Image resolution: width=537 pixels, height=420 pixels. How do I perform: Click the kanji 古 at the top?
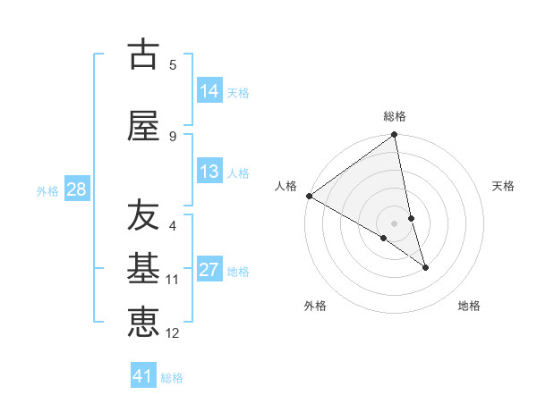point(143,55)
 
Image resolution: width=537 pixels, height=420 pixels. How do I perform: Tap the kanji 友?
point(143,215)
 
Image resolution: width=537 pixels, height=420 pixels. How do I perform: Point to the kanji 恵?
point(143,323)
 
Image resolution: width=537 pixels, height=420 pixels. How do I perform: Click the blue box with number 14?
point(209,91)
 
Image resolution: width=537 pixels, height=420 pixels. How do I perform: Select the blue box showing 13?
point(209,172)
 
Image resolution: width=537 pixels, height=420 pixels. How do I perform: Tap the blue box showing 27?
point(209,270)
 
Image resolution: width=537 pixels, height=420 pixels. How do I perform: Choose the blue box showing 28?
point(76,189)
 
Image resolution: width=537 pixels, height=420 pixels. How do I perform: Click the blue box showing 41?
point(144,376)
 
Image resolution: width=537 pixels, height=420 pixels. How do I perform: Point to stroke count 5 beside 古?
point(173,64)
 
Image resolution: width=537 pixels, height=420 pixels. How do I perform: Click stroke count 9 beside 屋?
point(173,136)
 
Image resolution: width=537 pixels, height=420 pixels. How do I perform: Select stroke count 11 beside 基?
point(173,280)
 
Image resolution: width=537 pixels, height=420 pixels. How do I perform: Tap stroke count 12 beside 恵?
point(173,333)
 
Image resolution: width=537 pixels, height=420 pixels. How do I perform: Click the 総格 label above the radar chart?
point(395,116)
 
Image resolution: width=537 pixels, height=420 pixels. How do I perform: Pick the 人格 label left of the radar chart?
point(286,186)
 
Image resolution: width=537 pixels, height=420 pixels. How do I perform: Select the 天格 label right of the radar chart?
point(504,186)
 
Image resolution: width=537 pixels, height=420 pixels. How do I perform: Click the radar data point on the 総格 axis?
point(395,135)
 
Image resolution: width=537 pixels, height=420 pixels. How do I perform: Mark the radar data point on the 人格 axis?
point(309,196)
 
